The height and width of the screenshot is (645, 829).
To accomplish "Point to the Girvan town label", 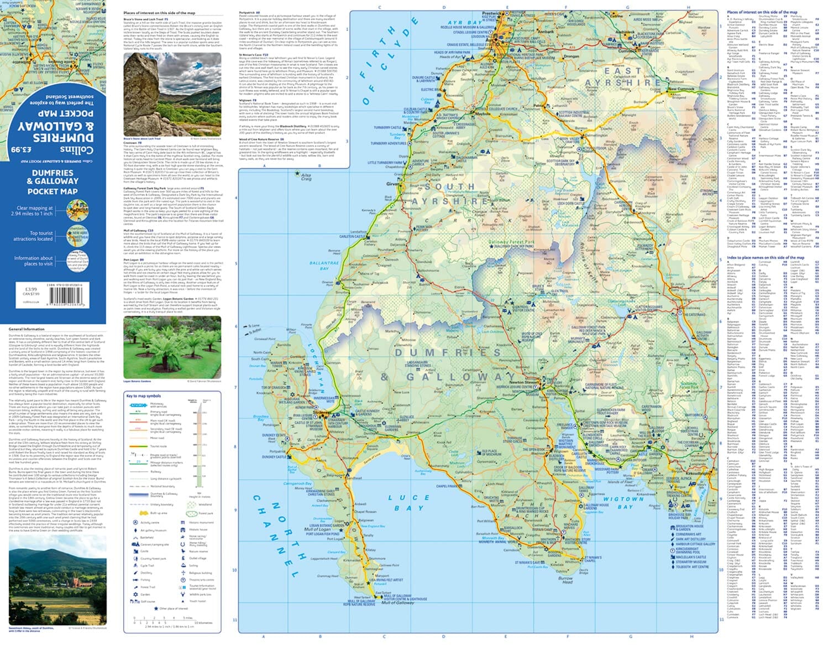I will [393, 184].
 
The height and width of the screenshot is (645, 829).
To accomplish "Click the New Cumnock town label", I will [680, 89].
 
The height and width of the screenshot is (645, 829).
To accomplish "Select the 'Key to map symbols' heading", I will [143, 396].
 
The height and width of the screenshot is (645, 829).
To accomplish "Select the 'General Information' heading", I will [27, 329].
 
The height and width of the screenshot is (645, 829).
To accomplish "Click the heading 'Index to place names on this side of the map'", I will [765, 258].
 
